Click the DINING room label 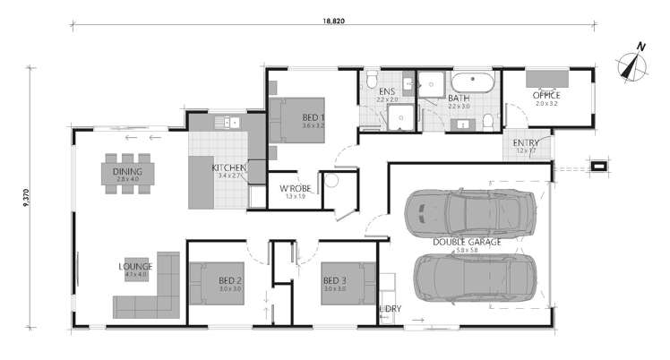pyautogui.click(x=129, y=169)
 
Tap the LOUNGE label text pyautogui.click(x=136, y=266)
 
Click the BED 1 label pyautogui.click(x=314, y=118)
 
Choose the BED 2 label pyautogui.click(x=230, y=280)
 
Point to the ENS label pyautogui.click(x=387, y=92)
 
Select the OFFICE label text pyautogui.click(x=546, y=94)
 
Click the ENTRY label pyautogui.click(x=525, y=143)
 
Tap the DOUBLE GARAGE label pyautogui.click(x=467, y=242)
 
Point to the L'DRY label pyautogui.click(x=391, y=309)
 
